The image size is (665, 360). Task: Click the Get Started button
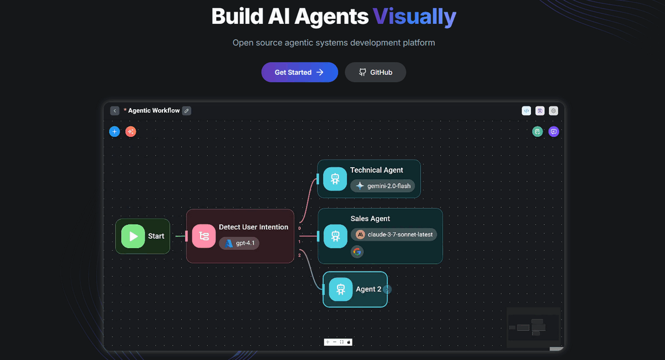click(299, 72)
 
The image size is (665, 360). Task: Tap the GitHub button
click(375, 72)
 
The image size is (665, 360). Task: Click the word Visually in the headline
click(415, 17)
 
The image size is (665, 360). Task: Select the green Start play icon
click(133, 236)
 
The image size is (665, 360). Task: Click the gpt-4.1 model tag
click(239, 243)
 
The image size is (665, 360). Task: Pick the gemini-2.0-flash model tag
click(382, 186)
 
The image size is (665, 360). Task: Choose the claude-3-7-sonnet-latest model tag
click(393, 234)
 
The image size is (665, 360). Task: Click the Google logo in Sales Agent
click(357, 252)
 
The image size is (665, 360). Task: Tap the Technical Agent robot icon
click(335, 179)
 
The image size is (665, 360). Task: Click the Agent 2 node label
click(369, 289)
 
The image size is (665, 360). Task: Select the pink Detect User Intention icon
click(203, 236)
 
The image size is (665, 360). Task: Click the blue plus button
click(114, 132)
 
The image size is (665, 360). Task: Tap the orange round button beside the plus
click(131, 132)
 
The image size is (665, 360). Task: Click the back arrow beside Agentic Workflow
click(115, 111)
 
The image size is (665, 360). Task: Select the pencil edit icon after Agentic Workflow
click(187, 111)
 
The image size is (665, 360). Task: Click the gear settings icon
click(553, 111)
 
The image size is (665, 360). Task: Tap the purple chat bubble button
click(553, 132)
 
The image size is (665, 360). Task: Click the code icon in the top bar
click(526, 111)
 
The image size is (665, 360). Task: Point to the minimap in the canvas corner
click(533, 327)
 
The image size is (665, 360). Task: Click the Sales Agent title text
click(370, 219)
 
